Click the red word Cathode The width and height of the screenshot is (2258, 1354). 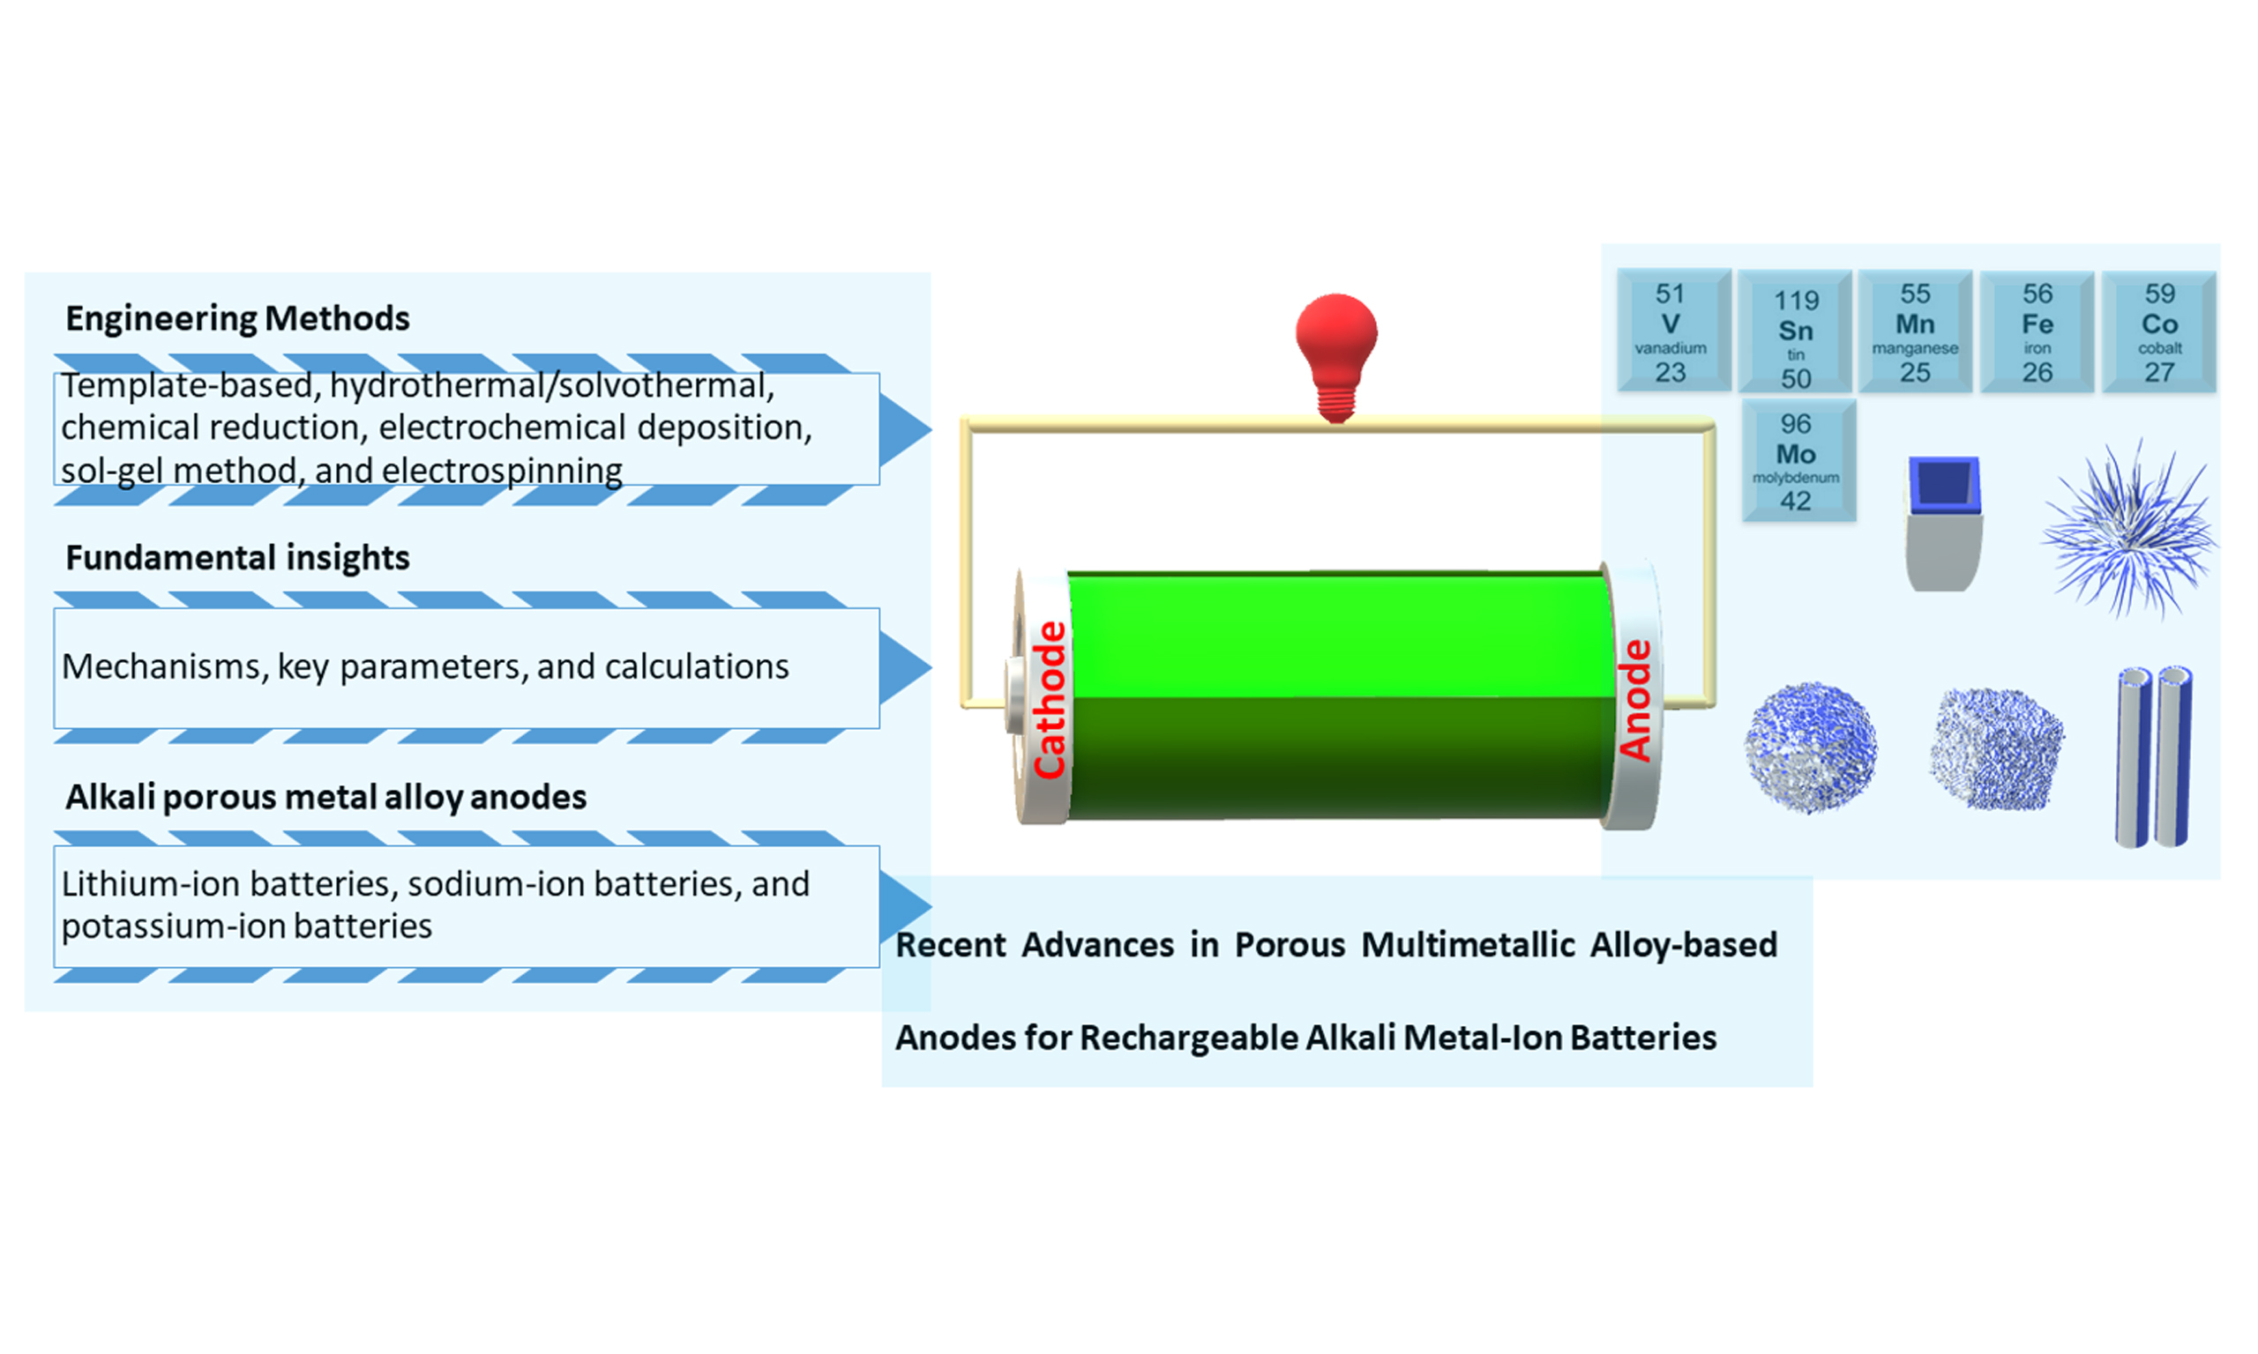coord(1050,700)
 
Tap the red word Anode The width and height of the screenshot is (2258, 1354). coord(1634,700)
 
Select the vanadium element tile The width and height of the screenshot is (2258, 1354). coord(1673,331)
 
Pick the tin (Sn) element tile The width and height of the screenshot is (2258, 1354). coord(1794,331)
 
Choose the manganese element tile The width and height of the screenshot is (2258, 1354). coord(1915,331)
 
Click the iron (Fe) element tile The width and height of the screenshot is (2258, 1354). coord(2037,331)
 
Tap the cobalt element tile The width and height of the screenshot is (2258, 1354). coord(2158,331)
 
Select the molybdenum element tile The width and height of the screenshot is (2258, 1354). coord(1798,460)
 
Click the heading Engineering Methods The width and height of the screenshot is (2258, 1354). coord(237,318)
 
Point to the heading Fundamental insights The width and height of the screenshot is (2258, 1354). coord(237,557)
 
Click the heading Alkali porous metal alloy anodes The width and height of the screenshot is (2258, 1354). coord(325,798)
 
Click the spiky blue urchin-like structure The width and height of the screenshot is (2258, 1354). coord(2128,529)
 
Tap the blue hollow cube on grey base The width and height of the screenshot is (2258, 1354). coord(1943,524)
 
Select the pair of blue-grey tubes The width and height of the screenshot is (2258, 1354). coord(2154,757)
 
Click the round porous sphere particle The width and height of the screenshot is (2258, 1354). coord(1811,748)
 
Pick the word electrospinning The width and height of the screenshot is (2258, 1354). coord(502,471)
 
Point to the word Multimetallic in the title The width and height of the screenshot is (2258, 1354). coord(1468,945)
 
